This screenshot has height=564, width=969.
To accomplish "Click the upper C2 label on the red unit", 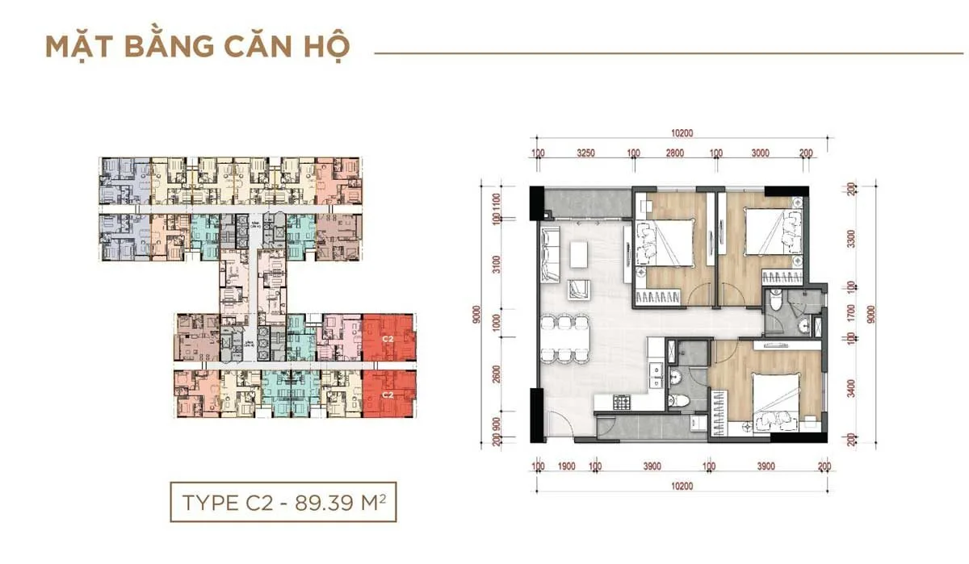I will (x=387, y=339).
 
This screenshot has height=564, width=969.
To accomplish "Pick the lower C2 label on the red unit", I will (x=387, y=395).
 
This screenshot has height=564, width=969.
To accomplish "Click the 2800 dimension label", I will (x=674, y=152).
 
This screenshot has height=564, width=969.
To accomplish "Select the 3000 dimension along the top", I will (x=760, y=152).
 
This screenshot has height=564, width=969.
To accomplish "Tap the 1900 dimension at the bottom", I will (x=565, y=466).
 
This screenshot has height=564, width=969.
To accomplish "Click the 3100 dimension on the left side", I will (x=497, y=264).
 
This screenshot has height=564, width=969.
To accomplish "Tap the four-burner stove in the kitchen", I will (x=624, y=401).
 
